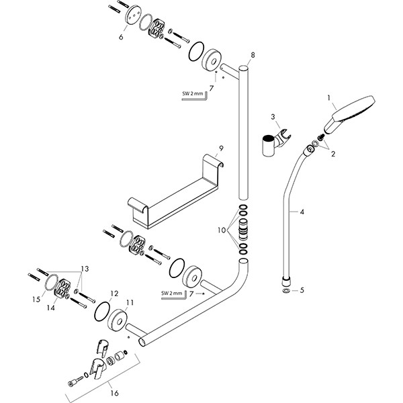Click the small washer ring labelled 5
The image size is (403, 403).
287,291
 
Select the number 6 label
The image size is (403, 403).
121,38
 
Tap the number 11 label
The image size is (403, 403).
130,303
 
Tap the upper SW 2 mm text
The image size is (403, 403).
192,95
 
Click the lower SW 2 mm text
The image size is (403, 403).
171,294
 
